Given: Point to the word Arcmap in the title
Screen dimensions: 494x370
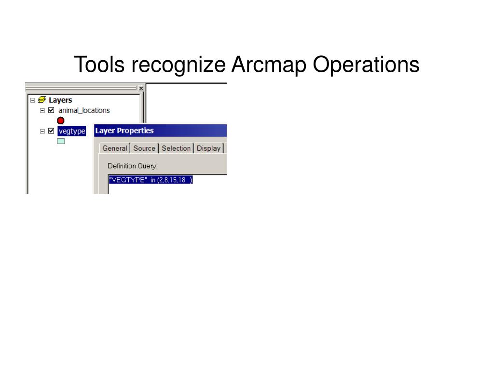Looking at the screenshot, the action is (x=269, y=65).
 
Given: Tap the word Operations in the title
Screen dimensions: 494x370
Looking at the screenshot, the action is (x=366, y=65).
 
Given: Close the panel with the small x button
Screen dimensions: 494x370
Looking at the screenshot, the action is (x=141, y=88).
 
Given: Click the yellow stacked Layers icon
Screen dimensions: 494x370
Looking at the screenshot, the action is (x=42, y=100).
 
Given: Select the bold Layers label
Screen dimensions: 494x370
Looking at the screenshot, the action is (x=60, y=100).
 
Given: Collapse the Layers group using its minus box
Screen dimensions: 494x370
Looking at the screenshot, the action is (x=32, y=100).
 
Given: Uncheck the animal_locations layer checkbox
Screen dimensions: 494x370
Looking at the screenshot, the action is (x=52, y=110).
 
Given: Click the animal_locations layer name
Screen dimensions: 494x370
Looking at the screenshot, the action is (x=84, y=110).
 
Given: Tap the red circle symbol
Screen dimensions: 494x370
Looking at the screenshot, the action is (x=61, y=120).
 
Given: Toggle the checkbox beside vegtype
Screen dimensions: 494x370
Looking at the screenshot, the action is (x=52, y=131).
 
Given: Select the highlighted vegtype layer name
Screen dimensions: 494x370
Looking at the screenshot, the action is (x=71, y=131).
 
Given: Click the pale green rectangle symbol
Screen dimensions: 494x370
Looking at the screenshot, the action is (x=61, y=141).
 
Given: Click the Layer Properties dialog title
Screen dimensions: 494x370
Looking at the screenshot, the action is (x=124, y=131).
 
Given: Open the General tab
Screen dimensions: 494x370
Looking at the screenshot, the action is (x=115, y=148).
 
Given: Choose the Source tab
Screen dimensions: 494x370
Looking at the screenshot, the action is (x=144, y=148).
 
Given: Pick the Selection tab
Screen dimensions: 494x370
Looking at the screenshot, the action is (x=176, y=148).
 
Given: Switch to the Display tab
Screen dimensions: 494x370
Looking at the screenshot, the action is (x=208, y=148).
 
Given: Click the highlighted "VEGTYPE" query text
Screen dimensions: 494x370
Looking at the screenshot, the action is (x=151, y=180).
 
